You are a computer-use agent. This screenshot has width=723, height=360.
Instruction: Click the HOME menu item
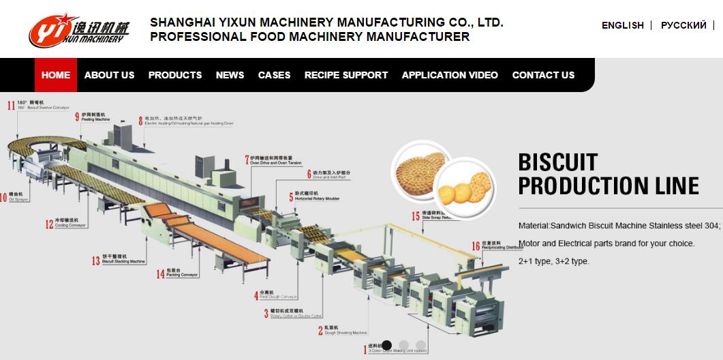pyautogui.click(x=56, y=75)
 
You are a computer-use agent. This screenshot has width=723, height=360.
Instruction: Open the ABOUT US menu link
pyautogui.click(x=109, y=75)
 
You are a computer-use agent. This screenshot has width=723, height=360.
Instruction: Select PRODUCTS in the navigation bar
pyautogui.click(x=175, y=75)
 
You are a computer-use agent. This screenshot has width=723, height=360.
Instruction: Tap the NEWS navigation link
pyautogui.click(x=230, y=75)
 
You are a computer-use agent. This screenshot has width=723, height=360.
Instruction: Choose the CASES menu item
pyautogui.click(x=274, y=75)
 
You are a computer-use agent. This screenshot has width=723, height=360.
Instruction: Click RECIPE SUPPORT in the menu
pyautogui.click(x=346, y=75)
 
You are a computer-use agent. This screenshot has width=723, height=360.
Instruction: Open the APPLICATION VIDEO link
pyautogui.click(x=450, y=75)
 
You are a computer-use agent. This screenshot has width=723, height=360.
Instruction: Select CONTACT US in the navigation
pyautogui.click(x=543, y=75)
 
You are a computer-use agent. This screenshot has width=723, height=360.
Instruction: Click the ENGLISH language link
pyautogui.click(x=622, y=25)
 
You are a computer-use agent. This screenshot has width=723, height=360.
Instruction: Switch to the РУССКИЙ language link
pyautogui.click(x=683, y=25)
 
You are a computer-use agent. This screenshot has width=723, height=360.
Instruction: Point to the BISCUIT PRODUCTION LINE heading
pyautogui.click(x=609, y=174)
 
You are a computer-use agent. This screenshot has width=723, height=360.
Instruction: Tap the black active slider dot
pyautogui.click(x=387, y=345)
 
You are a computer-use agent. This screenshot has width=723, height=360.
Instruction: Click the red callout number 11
pyautogui.click(x=11, y=105)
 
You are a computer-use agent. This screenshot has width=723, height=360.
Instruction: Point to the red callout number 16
pyautogui.click(x=476, y=245)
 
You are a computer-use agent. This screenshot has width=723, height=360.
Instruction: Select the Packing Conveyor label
pyautogui.click(x=168, y=274)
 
